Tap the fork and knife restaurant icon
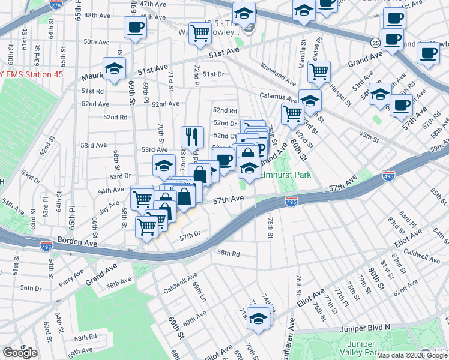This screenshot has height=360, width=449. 192,137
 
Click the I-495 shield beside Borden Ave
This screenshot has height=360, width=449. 46,245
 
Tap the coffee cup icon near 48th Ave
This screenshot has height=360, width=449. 134,27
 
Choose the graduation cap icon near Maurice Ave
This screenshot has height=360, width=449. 113,68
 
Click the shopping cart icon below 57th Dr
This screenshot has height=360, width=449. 146,227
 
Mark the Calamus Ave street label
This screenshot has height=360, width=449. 275,95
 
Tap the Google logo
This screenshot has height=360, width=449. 20,353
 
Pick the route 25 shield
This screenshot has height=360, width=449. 375,43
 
